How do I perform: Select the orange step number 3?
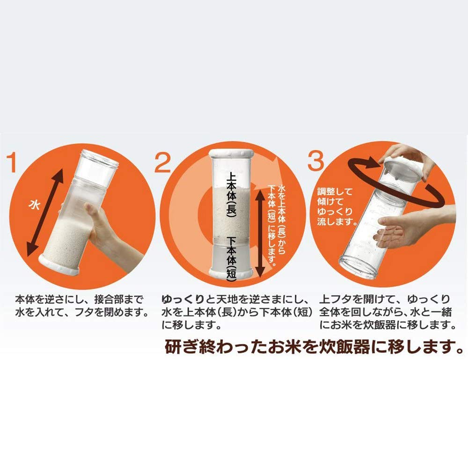(315, 161)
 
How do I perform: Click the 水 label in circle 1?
(35, 205)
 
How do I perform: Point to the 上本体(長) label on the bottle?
(232, 194)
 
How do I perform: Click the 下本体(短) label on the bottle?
(232, 258)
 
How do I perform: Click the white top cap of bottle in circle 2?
(231, 154)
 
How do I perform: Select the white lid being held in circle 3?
(403, 167)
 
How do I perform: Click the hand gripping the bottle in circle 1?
(102, 227)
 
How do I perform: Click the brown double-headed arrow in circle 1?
(45, 212)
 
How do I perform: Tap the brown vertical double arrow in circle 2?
(260, 234)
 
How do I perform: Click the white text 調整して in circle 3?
(335, 191)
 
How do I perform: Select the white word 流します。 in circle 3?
(337, 222)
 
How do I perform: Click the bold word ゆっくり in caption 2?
(183, 299)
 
